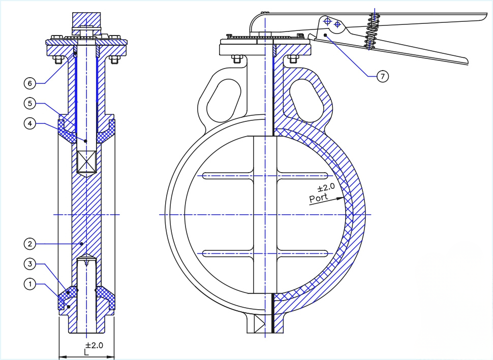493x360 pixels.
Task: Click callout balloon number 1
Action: pos(30,284)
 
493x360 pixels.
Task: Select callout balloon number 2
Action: pos(30,244)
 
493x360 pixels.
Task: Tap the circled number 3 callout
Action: pos(30,264)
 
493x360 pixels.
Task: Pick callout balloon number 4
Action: pos(30,123)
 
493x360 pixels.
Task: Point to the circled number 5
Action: pos(30,104)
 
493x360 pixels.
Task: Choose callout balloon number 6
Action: pos(30,83)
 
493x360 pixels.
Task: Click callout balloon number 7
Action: pos(382,76)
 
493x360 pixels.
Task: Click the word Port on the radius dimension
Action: pos(319,197)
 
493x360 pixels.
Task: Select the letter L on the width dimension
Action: pos(86,352)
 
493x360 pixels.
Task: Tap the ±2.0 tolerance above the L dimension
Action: pos(94,345)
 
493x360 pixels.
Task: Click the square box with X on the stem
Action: pos(86,162)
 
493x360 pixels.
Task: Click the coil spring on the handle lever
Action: pos(373,30)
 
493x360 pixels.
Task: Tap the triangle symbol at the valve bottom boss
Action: pos(259,323)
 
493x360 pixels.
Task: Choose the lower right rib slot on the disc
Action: pos(302,252)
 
